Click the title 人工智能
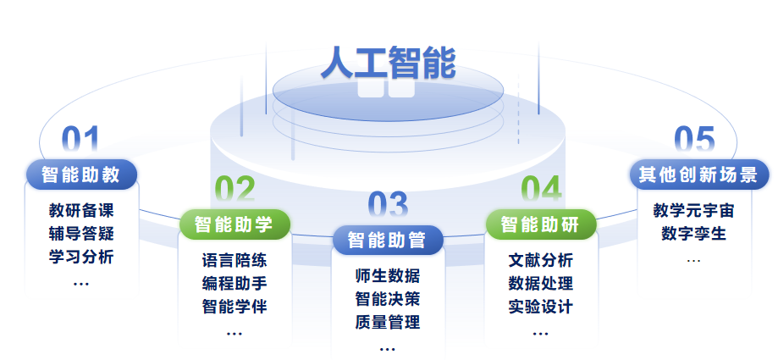coord(388,61)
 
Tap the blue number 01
coord(80,141)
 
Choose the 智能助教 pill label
coord(81,175)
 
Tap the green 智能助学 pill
coord(235,224)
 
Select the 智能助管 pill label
coord(388,240)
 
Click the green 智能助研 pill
coord(541,224)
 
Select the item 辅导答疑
coord(81,233)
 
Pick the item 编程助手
coord(235,283)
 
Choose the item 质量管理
coord(388,322)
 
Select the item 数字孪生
coord(693,233)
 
